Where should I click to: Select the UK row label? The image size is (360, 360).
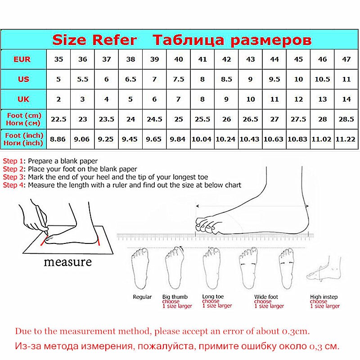click(x=23, y=99)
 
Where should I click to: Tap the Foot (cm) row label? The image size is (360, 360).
click(x=24, y=119)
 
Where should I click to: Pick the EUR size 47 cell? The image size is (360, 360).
click(x=346, y=59)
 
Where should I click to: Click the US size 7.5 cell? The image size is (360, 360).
click(x=179, y=79)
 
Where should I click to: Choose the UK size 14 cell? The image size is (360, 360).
click(x=346, y=99)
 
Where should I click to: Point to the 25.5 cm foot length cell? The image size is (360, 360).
click(x=202, y=119)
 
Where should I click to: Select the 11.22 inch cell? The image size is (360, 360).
click(x=346, y=139)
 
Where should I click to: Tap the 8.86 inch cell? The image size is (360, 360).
click(x=58, y=139)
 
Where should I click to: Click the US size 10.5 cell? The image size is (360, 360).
click(x=322, y=79)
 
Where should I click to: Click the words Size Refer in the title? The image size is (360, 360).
click(x=94, y=40)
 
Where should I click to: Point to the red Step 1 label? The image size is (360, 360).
click(x=13, y=161)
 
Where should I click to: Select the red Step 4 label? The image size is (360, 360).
click(x=13, y=185)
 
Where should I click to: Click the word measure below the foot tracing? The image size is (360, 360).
click(x=67, y=262)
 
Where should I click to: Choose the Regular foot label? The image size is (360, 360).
click(x=142, y=297)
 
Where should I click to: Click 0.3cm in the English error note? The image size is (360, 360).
click(x=296, y=331)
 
